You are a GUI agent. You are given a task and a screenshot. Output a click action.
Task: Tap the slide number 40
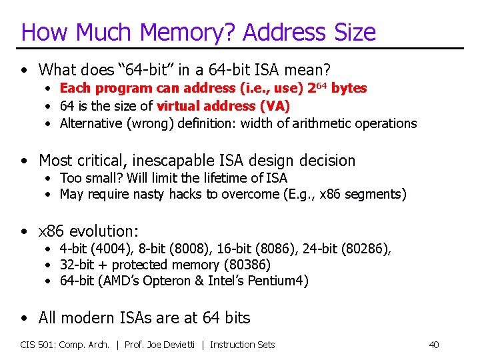(434, 345)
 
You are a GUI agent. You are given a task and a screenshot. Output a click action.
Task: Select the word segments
(376, 195)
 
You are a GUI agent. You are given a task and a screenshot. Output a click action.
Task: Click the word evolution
(102, 231)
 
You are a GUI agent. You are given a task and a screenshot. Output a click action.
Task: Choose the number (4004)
(101, 249)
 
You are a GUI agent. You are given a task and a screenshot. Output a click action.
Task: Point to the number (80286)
(365, 249)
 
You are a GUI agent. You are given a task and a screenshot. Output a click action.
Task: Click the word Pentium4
(277, 281)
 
